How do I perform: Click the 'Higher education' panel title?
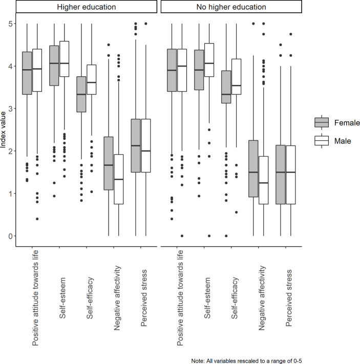[84, 8]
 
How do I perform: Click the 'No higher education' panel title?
[231, 8]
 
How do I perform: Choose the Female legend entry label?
[347, 123]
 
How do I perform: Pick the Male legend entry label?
[343, 141]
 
